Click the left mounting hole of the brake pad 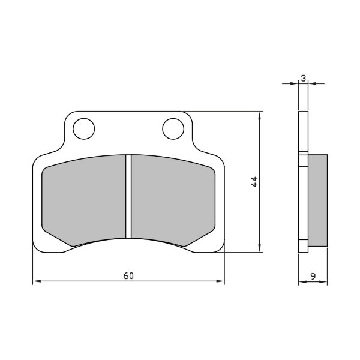(83, 128)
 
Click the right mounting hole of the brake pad (172, 128)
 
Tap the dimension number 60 (128, 276)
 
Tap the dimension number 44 (254, 181)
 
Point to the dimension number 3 (304, 78)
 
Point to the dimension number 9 (314, 276)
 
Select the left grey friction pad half (83, 198)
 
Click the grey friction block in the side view (318, 200)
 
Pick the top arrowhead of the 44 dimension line (259, 115)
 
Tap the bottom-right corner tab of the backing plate (213, 246)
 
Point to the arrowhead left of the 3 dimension (295, 83)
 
